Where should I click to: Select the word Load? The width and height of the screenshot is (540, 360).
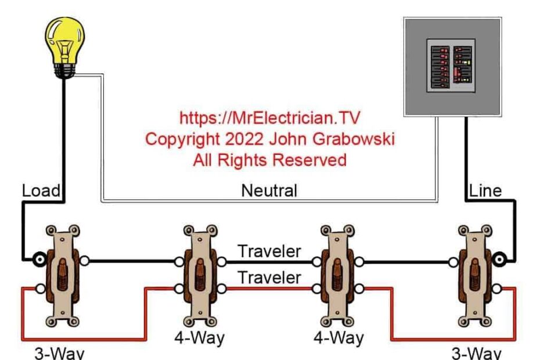click(42, 190)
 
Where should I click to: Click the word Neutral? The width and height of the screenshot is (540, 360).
click(269, 190)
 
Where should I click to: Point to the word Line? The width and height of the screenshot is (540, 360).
click(485, 190)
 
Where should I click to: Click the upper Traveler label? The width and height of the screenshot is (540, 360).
click(269, 251)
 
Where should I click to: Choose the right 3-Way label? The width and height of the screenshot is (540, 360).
click(476, 352)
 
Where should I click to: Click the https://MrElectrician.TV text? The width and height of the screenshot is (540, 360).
click(269, 118)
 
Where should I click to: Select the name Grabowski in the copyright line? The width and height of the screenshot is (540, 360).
click(348, 139)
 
